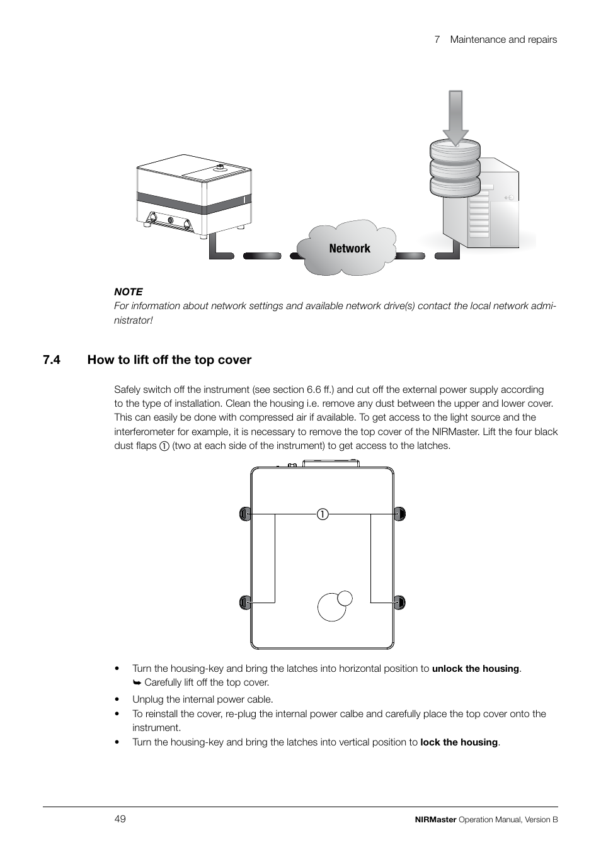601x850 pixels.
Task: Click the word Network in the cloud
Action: (x=350, y=249)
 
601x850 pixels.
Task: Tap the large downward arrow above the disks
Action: (x=455, y=116)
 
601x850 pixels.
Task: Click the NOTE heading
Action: (x=128, y=292)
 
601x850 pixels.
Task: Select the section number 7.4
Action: (x=52, y=360)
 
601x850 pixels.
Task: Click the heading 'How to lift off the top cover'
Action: (x=169, y=360)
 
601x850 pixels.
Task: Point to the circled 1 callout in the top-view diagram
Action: (x=323, y=514)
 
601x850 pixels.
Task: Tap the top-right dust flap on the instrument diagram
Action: (x=399, y=514)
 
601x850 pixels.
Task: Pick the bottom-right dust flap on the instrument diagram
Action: (x=399, y=603)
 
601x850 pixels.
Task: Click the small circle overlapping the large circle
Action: (x=345, y=598)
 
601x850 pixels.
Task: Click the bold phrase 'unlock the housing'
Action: (x=476, y=669)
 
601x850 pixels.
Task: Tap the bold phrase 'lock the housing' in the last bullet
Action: (x=459, y=742)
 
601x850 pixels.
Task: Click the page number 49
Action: (x=120, y=819)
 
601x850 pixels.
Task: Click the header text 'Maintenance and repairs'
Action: (x=503, y=39)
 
